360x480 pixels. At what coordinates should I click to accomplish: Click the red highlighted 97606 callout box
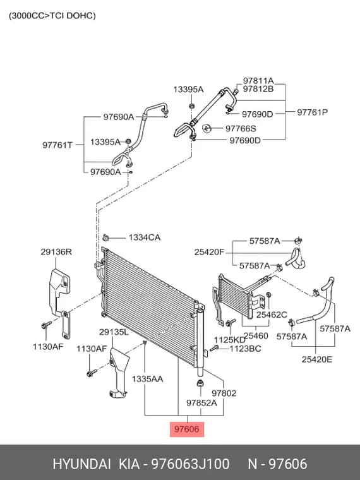point(187,429)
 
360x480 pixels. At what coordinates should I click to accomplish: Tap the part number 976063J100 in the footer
point(190,464)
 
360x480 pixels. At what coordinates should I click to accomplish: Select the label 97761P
point(312,112)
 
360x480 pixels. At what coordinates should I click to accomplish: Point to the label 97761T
point(57,145)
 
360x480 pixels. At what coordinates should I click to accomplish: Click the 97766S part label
point(241,129)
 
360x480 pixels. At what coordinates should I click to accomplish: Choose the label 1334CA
point(145,237)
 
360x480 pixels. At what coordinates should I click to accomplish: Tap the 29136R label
point(56,252)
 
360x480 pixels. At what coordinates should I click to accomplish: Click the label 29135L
point(114,332)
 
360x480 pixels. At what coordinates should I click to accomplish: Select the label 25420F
point(210,252)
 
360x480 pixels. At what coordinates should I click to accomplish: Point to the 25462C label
point(272,315)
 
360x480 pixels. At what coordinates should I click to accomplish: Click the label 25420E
point(317,359)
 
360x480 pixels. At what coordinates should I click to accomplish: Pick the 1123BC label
point(245,349)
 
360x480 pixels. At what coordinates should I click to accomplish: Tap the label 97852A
point(201,403)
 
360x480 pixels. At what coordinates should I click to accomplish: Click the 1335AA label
point(147,379)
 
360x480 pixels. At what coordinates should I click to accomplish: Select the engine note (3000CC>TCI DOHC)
point(52,16)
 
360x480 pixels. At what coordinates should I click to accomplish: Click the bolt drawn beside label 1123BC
point(213,348)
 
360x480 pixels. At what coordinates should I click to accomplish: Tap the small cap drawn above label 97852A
point(200,383)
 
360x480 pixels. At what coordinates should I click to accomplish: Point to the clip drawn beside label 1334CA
point(106,237)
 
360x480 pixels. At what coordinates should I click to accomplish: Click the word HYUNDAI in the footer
point(81,464)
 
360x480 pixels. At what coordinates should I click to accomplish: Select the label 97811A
point(258,81)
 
